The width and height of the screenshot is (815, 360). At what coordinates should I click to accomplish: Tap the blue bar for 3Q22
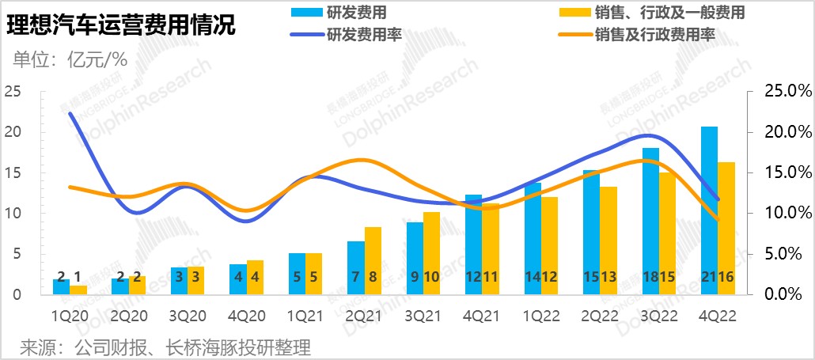[x=650, y=221]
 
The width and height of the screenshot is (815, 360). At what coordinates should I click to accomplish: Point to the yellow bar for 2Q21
[x=373, y=260]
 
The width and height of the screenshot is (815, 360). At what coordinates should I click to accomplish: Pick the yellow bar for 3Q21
[x=431, y=253]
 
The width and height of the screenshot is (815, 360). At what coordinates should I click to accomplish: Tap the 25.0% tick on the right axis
[x=779, y=91]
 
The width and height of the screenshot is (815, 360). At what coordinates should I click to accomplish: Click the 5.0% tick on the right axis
[x=779, y=254]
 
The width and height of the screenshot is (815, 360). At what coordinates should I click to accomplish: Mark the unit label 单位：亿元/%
[x=71, y=59]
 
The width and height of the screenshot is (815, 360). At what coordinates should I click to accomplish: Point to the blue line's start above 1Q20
[x=70, y=113]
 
